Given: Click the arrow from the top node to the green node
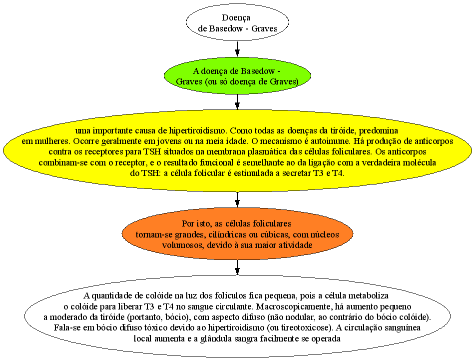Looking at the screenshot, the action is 237,48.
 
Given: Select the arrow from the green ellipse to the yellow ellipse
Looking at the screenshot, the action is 237,102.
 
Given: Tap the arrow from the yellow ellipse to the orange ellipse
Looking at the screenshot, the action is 237,199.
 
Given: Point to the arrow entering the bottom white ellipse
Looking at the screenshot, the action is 237,267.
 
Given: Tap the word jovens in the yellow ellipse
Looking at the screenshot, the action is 170,141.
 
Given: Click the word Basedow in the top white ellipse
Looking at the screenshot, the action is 226,28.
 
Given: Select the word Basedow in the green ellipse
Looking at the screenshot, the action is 258,71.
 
